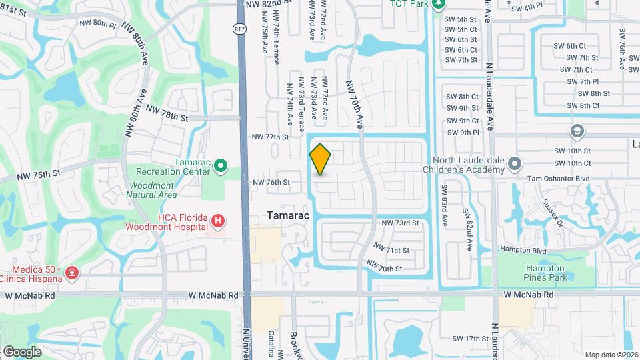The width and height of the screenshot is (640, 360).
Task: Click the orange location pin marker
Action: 320,159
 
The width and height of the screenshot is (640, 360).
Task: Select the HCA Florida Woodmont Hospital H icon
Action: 217,221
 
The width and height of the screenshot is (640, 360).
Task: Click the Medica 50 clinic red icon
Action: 71,273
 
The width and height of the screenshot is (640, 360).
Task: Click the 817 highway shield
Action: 238,29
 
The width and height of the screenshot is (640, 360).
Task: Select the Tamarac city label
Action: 289,216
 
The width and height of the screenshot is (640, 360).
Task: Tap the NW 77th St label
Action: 270,137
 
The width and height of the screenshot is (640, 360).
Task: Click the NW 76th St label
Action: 271,182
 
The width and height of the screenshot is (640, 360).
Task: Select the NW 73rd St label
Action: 400,223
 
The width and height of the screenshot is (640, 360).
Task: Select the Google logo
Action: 22,351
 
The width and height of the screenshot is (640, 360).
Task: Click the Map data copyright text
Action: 611,354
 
